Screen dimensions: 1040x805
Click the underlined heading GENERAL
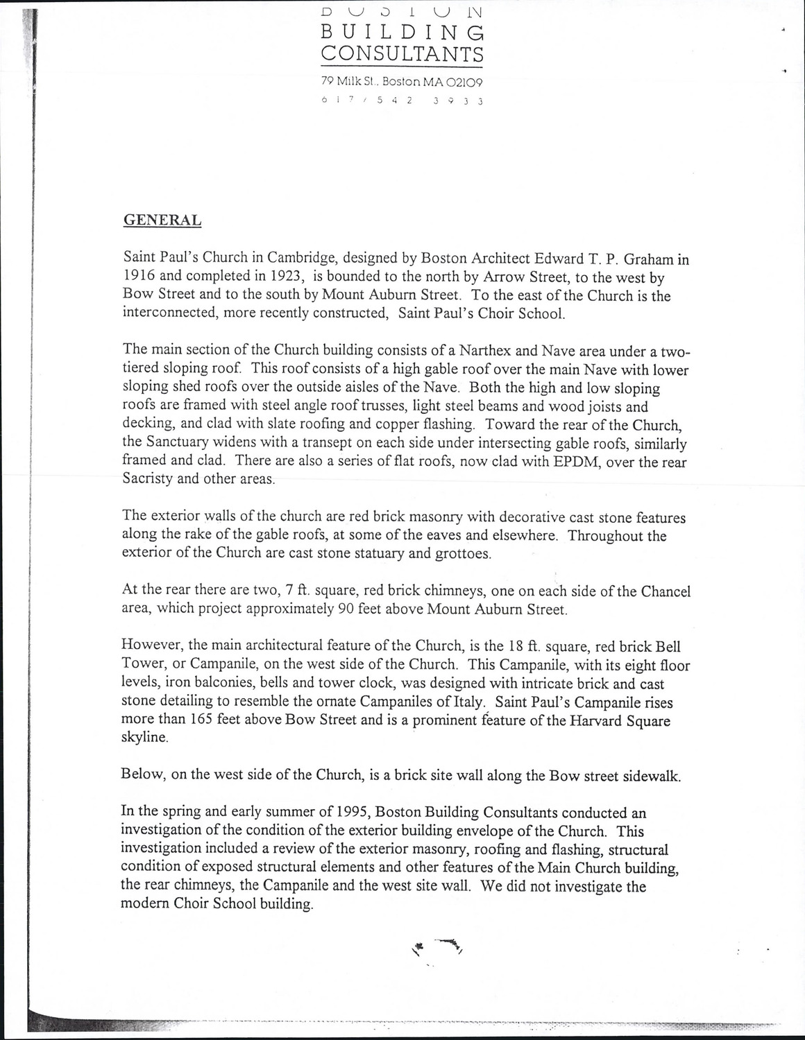(x=162, y=220)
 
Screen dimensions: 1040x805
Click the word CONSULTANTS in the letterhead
(x=402, y=53)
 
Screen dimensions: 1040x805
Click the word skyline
(x=144, y=738)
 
